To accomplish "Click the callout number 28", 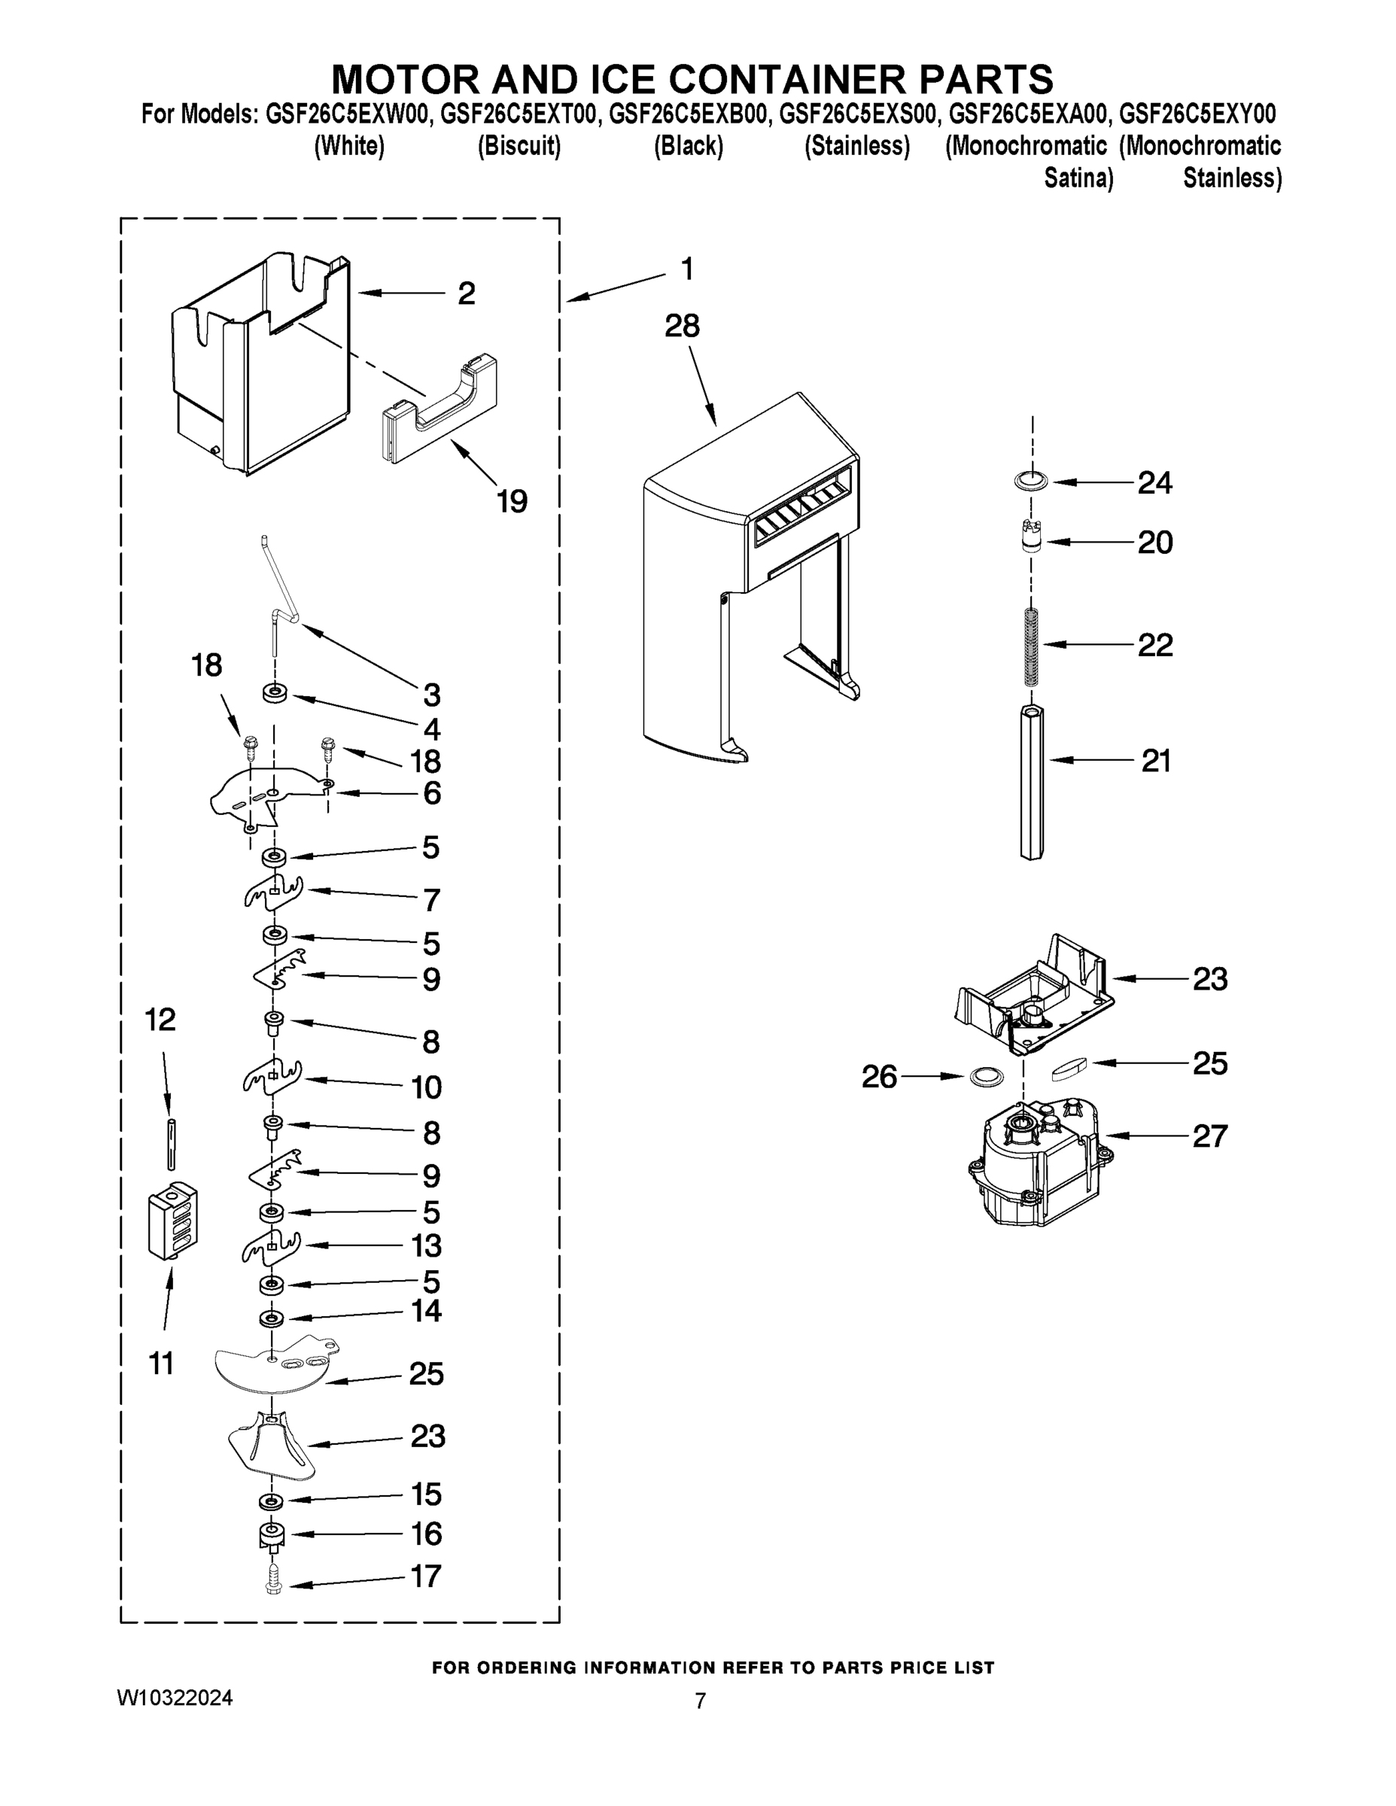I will [x=683, y=326].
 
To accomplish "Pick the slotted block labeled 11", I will [x=173, y=1220].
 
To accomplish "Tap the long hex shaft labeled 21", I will [x=1030, y=781].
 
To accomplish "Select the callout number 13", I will [x=427, y=1245].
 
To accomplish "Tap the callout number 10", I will [x=427, y=1087].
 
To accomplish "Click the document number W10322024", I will [x=175, y=1698].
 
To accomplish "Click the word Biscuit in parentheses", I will [x=519, y=147].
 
